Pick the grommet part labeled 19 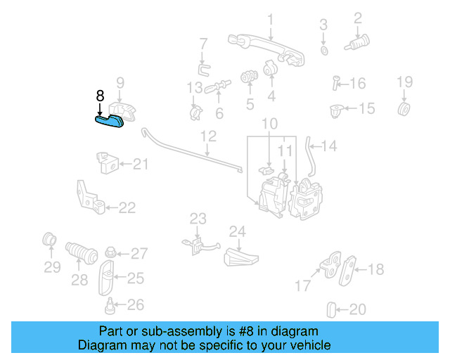[x=404, y=109]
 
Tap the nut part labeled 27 [x=110, y=252]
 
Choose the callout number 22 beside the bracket [x=127, y=207]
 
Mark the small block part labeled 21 [x=106, y=163]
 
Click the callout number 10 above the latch [x=270, y=124]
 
